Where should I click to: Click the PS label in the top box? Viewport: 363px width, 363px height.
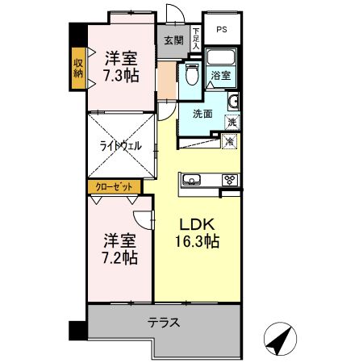[222, 31]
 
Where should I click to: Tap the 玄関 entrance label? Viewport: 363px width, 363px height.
[173, 40]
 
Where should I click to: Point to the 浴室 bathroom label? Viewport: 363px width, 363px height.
[220, 76]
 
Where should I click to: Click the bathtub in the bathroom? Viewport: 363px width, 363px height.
[219, 59]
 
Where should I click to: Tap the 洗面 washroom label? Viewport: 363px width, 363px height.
[202, 114]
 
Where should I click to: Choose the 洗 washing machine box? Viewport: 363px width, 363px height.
[232, 123]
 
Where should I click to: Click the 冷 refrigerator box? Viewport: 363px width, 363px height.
[229, 141]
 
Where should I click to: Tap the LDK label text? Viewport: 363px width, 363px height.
[195, 223]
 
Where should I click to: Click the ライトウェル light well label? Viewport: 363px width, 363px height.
[121, 146]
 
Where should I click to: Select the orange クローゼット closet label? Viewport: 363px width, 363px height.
[115, 186]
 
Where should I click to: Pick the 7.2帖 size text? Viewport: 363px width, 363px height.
[119, 258]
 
